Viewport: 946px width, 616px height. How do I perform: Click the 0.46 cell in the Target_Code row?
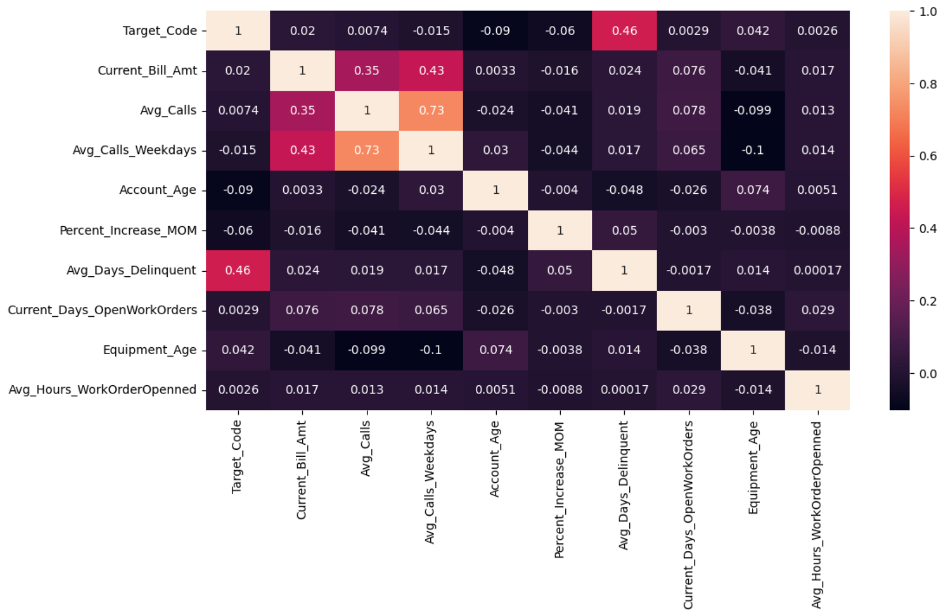[x=624, y=31]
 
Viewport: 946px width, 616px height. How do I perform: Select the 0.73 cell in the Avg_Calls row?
[x=431, y=110]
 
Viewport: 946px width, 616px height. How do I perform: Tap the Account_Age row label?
[x=157, y=190]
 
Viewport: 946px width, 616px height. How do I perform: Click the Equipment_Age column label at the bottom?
[x=753, y=467]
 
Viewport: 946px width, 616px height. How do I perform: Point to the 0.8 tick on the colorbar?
[x=928, y=84]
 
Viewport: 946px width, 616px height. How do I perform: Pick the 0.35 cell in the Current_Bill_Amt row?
[x=367, y=70]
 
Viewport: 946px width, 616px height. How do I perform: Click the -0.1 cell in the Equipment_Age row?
[x=431, y=350]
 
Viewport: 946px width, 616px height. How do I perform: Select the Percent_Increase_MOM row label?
[x=128, y=230]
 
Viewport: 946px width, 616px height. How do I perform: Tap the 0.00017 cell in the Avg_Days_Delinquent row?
[x=817, y=270]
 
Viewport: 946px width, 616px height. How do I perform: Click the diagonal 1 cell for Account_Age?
[x=495, y=190]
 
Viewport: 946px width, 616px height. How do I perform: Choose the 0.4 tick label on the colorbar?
[x=928, y=228]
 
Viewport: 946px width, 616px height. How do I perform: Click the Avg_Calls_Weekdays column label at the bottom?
[x=430, y=482]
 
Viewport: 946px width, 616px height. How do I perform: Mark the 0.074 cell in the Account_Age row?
[x=753, y=190]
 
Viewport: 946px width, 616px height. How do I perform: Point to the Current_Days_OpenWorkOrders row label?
[x=102, y=310]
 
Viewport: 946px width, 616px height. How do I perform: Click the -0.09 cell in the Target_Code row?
[x=495, y=31]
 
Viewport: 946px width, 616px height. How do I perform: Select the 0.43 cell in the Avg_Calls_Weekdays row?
[x=302, y=150]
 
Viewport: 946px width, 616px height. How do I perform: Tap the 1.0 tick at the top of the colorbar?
[x=928, y=12]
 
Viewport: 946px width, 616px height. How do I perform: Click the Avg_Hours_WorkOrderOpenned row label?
[x=102, y=389]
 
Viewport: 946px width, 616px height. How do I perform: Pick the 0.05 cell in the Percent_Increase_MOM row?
[x=624, y=230]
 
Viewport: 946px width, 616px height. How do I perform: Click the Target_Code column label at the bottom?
[x=236, y=456]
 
